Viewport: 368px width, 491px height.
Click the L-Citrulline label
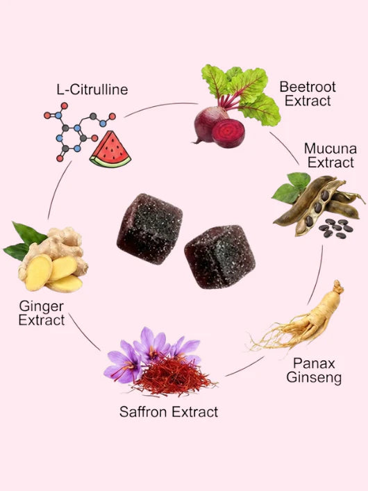coord(92,90)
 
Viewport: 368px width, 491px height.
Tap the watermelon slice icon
coord(110,150)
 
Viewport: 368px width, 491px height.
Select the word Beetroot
coord(307,87)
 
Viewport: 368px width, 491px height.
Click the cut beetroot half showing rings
coord(228,133)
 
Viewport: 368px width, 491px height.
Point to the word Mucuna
coord(331,149)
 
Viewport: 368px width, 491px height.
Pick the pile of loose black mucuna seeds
coord(336,228)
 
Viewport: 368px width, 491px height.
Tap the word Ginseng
coord(314,378)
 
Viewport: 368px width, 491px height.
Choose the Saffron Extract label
coord(169,411)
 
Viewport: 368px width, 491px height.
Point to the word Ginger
coord(42,306)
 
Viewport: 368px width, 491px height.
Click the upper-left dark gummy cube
coord(150,228)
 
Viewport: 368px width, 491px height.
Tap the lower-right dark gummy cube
coord(220,257)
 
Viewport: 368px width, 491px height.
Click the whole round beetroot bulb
coord(208,124)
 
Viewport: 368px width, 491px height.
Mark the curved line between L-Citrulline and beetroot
coord(160,106)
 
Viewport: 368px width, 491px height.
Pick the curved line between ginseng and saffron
coord(245,367)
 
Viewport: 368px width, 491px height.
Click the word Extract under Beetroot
coord(308,101)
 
